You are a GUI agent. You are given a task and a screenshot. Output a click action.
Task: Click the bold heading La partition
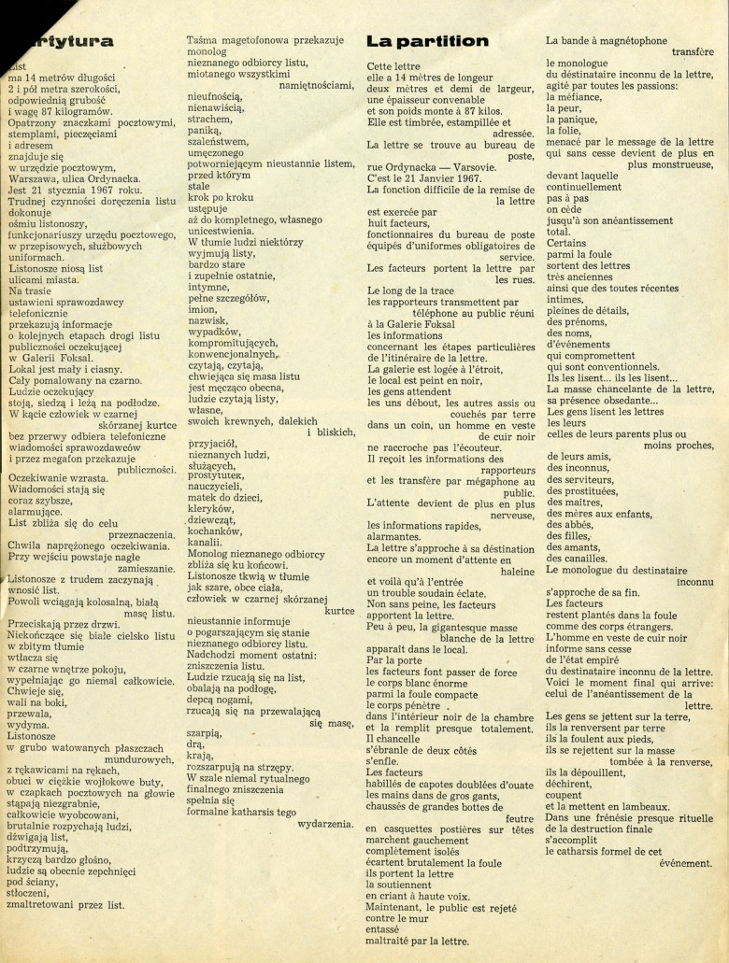coord(427,41)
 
